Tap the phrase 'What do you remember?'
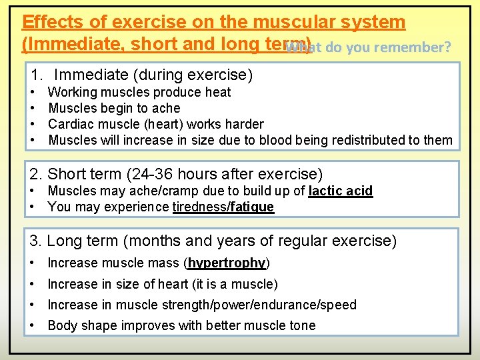(369, 47)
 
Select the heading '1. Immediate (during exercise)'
(141, 75)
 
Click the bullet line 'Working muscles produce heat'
(139, 92)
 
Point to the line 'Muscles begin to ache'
(114, 108)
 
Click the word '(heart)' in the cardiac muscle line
(161, 124)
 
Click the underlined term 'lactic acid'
(341, 191)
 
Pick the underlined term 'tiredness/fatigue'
(223, 207)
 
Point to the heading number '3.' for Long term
(37, 241)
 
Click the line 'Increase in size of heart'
(162, 284)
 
